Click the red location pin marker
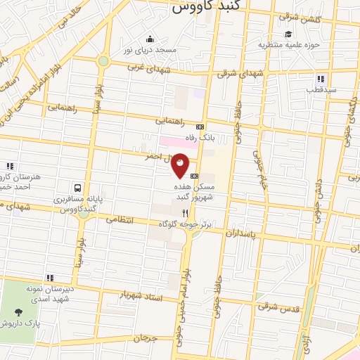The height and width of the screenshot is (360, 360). [x=181, y=165]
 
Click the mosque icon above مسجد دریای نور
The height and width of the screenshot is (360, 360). [x=149, y=39]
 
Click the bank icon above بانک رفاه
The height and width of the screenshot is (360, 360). [x=200, y=127]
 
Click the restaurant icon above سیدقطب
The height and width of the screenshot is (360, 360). [x=320, y=79]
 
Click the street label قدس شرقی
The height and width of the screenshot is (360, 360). [x=278, y=306]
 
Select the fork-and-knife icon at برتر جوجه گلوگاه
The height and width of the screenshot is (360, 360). [x=185, y=212]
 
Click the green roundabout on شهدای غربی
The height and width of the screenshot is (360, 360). [x=103, y=61]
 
